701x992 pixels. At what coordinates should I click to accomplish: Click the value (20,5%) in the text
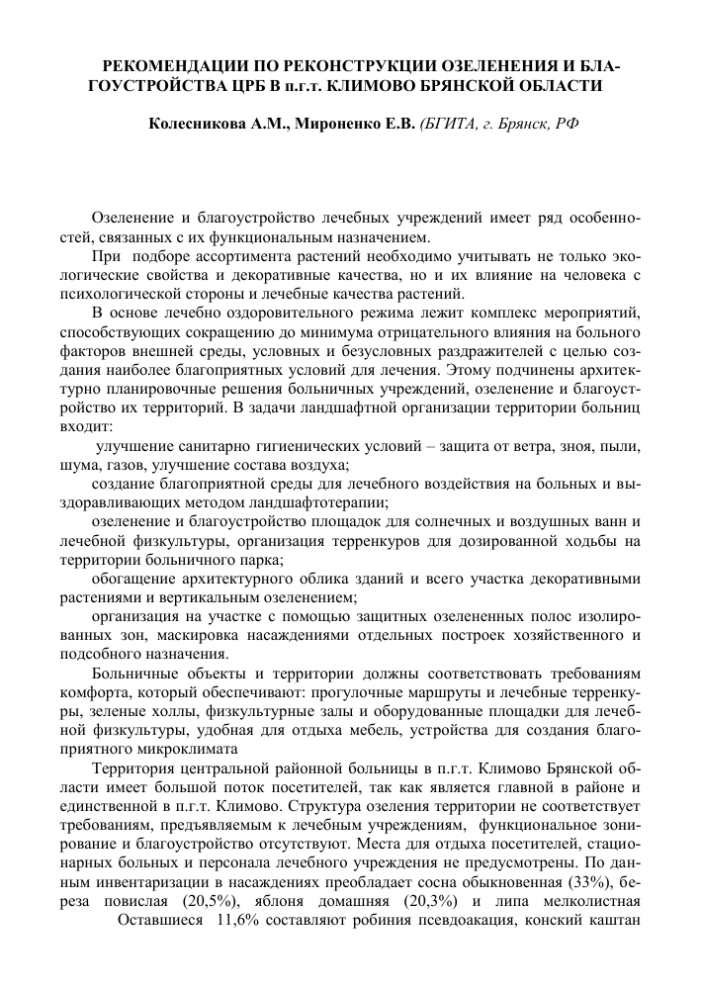pos(209,901)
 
